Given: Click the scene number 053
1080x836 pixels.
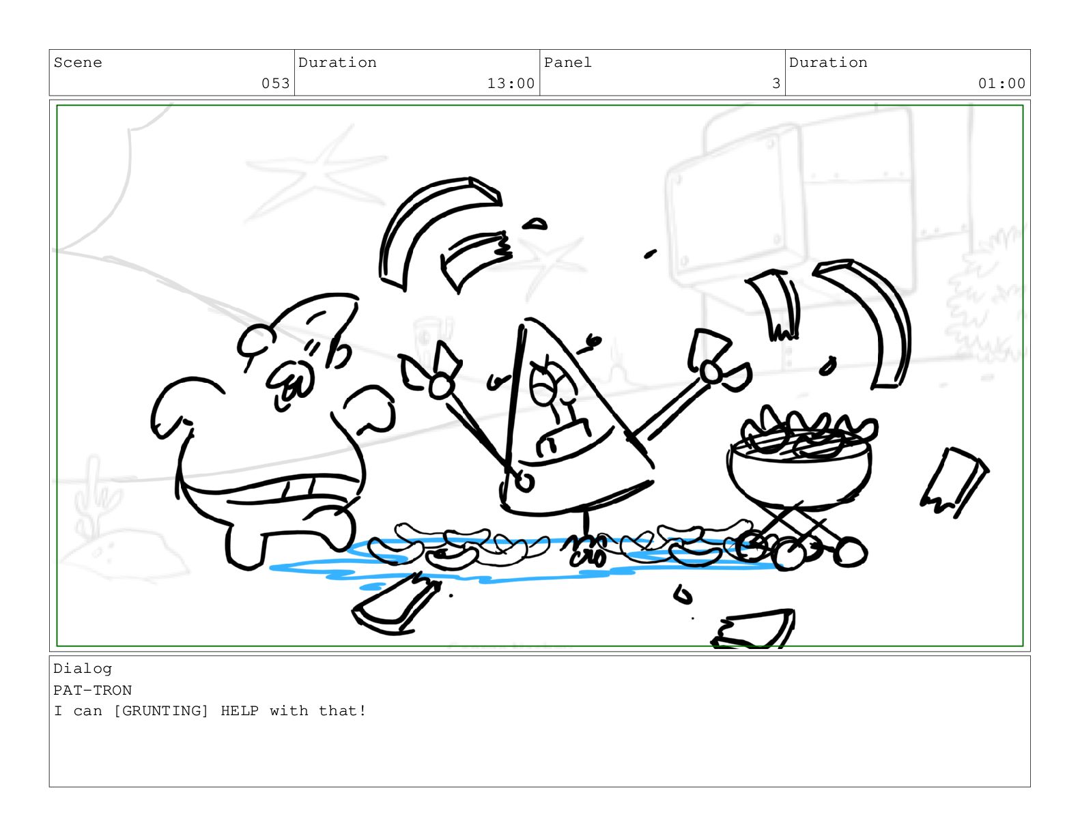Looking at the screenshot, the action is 275,83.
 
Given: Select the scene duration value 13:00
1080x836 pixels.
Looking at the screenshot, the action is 511,83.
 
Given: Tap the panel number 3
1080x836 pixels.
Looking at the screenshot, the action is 776,83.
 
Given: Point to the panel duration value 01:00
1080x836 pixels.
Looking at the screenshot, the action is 1001,83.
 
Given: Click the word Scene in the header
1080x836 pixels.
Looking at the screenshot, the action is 78,63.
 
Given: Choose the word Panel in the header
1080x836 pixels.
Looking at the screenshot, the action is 567,63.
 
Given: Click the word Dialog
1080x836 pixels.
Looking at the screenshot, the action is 83,669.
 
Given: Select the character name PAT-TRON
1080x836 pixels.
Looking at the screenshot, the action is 92,690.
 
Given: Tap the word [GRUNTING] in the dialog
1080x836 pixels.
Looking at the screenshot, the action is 161,711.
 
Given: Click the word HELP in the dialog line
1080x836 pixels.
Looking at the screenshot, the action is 240,711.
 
